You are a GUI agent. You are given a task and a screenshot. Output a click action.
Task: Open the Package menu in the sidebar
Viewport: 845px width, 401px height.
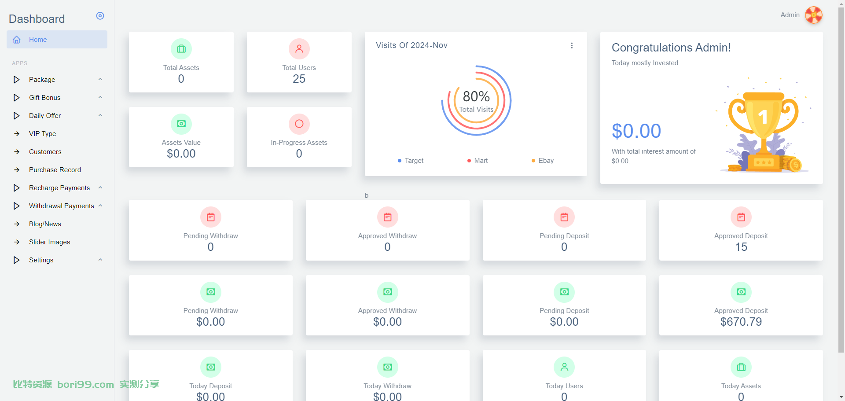pos(42,80)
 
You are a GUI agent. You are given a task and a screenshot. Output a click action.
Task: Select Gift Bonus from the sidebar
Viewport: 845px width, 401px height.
pos(45,98)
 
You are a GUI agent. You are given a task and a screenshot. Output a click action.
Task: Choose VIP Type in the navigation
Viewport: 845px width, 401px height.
pos(43,134)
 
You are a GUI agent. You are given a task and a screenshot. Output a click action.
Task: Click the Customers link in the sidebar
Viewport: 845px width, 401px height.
pos(45,152)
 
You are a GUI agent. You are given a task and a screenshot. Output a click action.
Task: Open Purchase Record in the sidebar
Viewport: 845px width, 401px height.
pos(55,170)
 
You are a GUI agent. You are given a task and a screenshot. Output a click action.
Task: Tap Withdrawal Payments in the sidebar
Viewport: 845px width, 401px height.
pos(62,206)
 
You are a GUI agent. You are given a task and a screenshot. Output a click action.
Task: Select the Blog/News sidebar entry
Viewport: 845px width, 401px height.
pos(45,224)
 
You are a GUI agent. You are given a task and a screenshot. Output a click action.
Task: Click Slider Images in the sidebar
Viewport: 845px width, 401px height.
pos(50,242)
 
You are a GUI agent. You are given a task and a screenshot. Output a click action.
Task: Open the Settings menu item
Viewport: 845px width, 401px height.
pos(41,260)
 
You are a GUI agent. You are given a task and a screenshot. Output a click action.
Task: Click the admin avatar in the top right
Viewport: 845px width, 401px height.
pos(814,15)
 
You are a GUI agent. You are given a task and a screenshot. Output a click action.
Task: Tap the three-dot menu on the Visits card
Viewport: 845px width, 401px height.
pos(572,45)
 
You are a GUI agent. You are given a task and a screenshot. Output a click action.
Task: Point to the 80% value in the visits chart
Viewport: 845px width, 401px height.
pos(476,96)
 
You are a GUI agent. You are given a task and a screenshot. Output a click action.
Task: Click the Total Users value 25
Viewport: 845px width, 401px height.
pos(299,79)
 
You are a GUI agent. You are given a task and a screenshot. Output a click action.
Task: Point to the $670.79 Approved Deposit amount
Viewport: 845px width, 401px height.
pos(741,322)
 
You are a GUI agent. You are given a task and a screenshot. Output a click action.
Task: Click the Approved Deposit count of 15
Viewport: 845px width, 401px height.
pos(741,247)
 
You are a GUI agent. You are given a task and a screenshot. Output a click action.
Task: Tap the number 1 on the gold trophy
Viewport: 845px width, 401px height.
pos(763,117)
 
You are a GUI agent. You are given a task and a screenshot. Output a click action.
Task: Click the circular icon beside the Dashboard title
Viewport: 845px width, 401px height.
pos(100,16)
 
